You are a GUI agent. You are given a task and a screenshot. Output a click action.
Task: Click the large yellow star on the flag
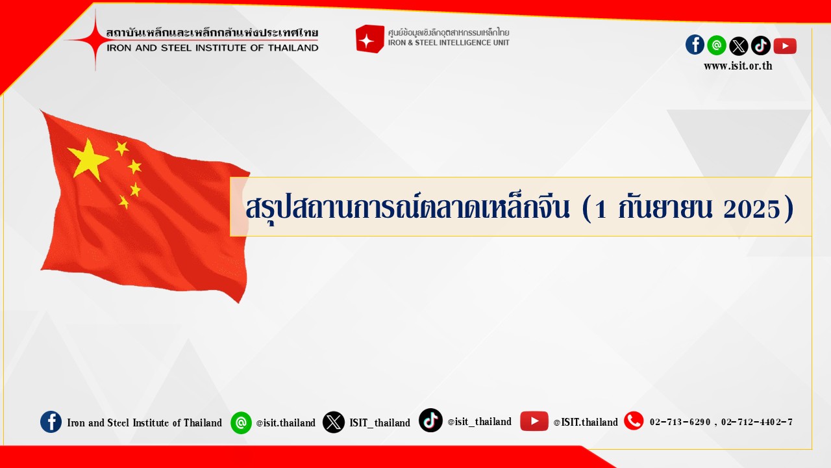(x=88, y=159)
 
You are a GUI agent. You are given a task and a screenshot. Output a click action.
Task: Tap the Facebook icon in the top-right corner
(x=695, y=45)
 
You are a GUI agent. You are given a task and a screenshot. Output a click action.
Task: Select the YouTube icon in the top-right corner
(x=785, y=46)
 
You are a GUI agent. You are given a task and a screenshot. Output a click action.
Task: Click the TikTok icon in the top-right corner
(x=761, y=45)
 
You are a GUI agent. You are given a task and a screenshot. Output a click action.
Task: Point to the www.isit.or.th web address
(x=738, y=66)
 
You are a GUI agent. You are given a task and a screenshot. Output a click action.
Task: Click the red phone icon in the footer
(x=634, y=421)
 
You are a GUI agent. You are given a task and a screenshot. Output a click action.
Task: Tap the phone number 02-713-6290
(x=680, y=422)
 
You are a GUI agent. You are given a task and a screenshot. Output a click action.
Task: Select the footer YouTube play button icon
(x=534, y=421)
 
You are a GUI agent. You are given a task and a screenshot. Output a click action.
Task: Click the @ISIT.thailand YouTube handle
(x=586, y=422)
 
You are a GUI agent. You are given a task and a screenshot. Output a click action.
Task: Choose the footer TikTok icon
(x=430, y=420)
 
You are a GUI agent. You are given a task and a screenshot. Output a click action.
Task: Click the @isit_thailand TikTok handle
(x=479, y=422)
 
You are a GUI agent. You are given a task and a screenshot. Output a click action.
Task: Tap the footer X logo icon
(x=334, y=422)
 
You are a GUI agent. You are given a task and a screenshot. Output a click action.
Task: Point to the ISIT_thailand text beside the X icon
(x=380, y=422)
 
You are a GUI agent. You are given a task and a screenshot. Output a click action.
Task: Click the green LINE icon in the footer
(x=241, y=422)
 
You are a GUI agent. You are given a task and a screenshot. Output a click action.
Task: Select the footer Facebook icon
(x=51, y=422)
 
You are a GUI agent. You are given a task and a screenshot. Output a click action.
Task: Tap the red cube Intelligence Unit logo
(x=369, y=39)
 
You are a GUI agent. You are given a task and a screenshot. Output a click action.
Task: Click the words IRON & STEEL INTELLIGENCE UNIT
(x=449, y=43)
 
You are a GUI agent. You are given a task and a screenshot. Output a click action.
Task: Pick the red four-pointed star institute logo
(x=95, y=40)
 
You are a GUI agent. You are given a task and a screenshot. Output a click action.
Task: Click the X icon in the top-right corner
(x=739, y=46)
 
